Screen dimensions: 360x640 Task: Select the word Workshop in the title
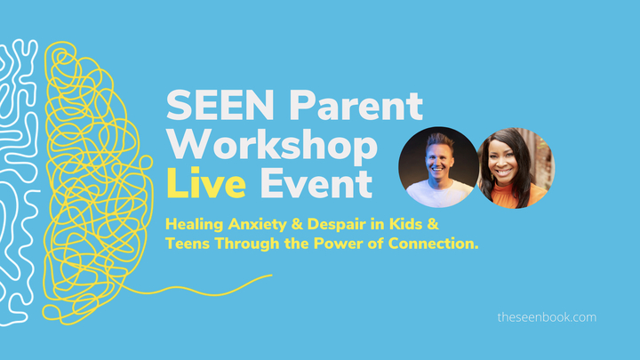(x=272, y=147)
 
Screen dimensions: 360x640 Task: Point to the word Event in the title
(x=316, y=185)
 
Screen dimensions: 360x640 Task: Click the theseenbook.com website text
(x=547, y=316)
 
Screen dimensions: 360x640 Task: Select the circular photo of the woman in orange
(x=515, y=166)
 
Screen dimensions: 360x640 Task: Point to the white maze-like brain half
(x=18, y=178)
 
